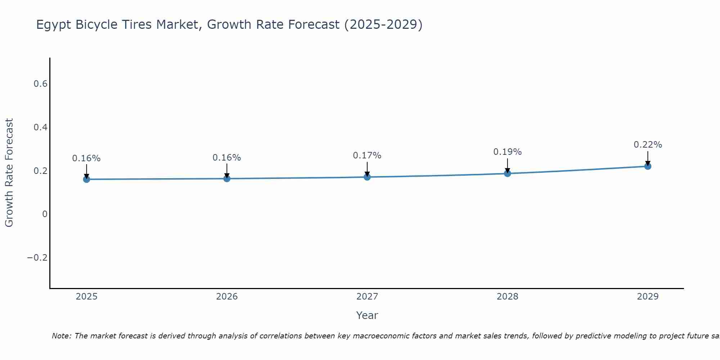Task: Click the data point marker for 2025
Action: (86, 179)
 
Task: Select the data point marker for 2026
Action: (227, 179)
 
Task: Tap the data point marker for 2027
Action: (367, 177)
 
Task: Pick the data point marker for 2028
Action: (508, 174)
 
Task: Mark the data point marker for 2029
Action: (648, 166)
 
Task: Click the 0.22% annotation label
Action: (648, 145)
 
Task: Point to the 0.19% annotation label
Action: (507, 152)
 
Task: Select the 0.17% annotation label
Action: (367, 156)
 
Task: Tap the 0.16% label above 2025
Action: (86, 158)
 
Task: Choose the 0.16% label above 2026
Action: (226, 158)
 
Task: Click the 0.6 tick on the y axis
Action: (40, 84)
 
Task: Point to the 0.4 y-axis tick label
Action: (40, 127)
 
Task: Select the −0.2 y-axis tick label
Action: (37, 258)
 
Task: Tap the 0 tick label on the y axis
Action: (45, 214)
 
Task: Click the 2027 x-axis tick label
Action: (367, 297)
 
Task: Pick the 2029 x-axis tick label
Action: (648, 297)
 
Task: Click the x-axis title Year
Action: (367, 315)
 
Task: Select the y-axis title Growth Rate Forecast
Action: (9, 173)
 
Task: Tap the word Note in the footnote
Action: (61, 336)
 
